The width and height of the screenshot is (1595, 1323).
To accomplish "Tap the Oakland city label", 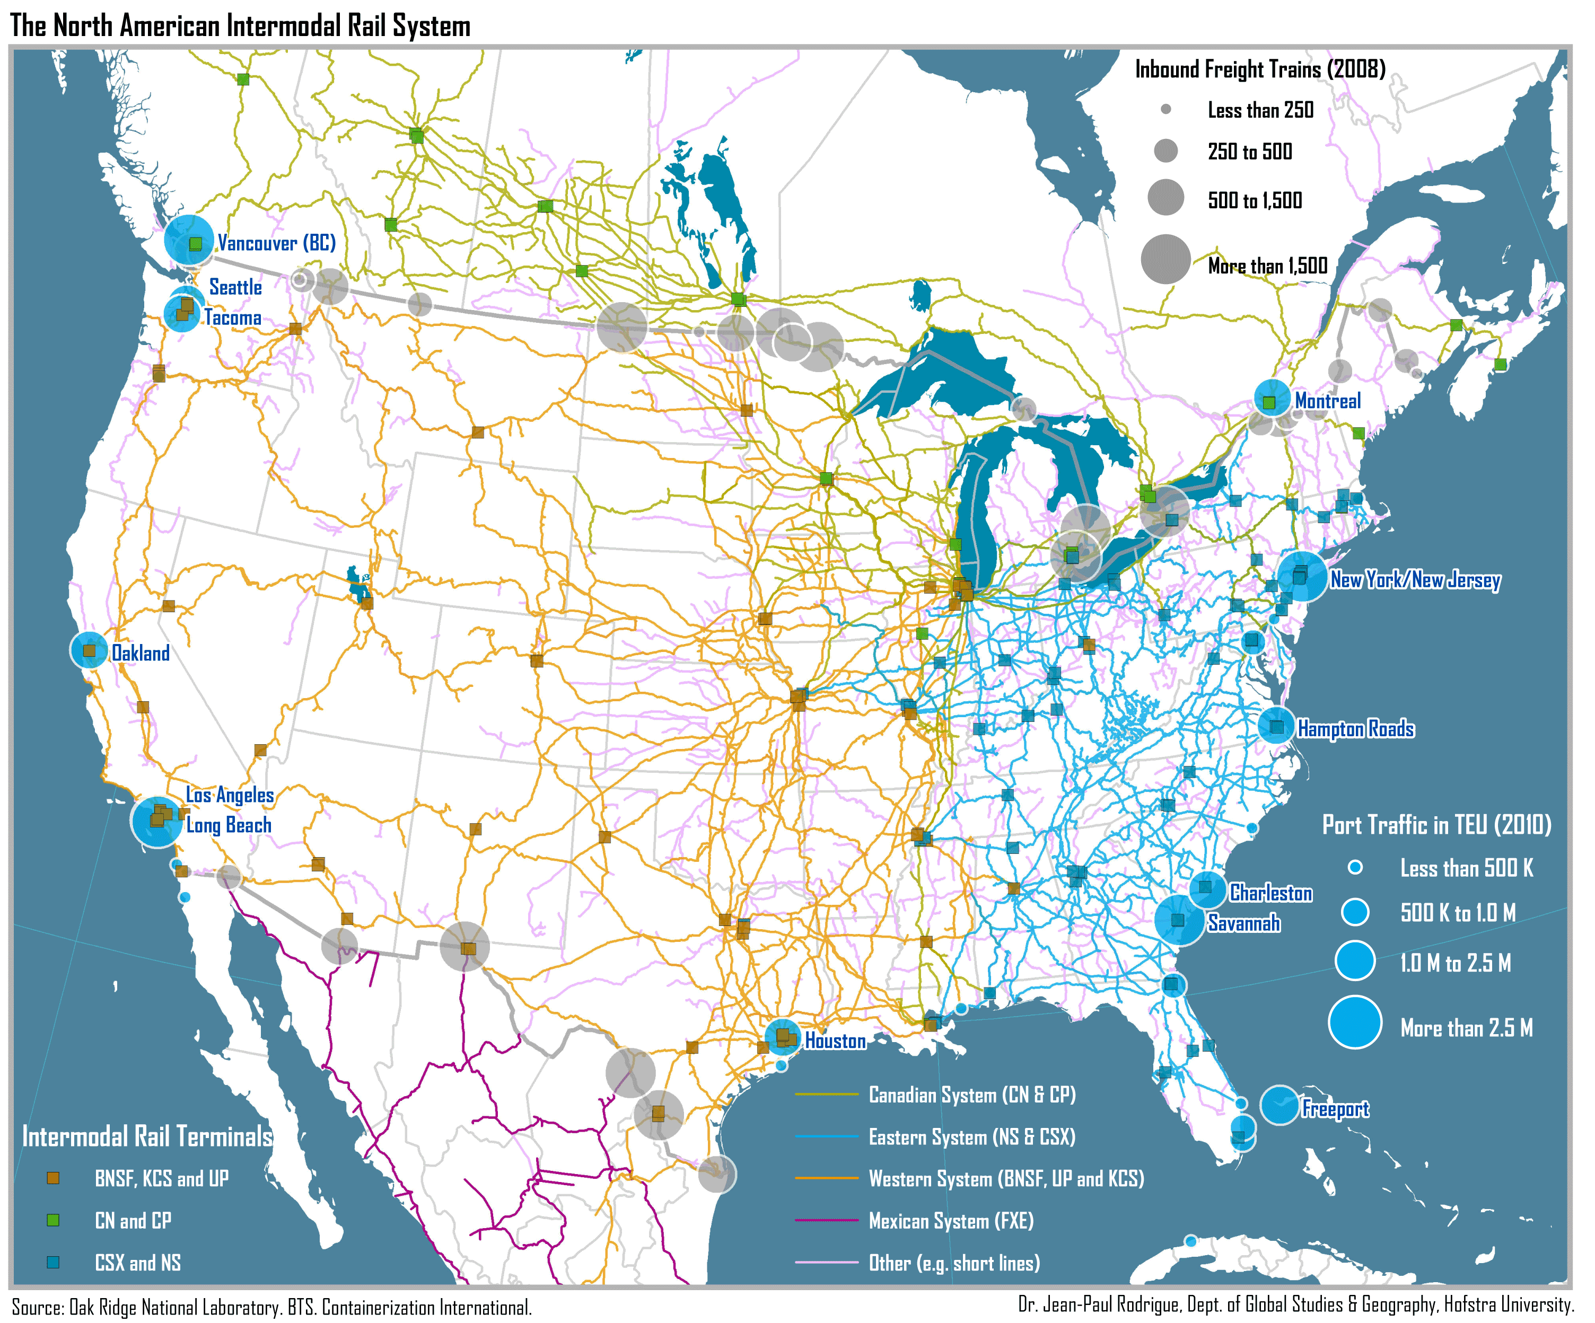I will [141, 653].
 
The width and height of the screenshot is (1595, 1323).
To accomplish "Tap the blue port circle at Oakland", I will [89, 650].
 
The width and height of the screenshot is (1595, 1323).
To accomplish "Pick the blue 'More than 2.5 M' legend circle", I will [1354, 1021].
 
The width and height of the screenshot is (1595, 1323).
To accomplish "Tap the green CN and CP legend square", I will [53, 1221].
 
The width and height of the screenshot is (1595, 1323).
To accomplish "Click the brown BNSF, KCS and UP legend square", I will [53, 1178].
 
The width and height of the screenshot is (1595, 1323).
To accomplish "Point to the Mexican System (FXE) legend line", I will [826, 1221].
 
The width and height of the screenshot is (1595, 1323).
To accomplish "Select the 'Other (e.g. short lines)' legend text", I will [954, 1263].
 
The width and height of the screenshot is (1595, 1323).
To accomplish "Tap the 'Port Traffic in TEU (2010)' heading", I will [1436, 825].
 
